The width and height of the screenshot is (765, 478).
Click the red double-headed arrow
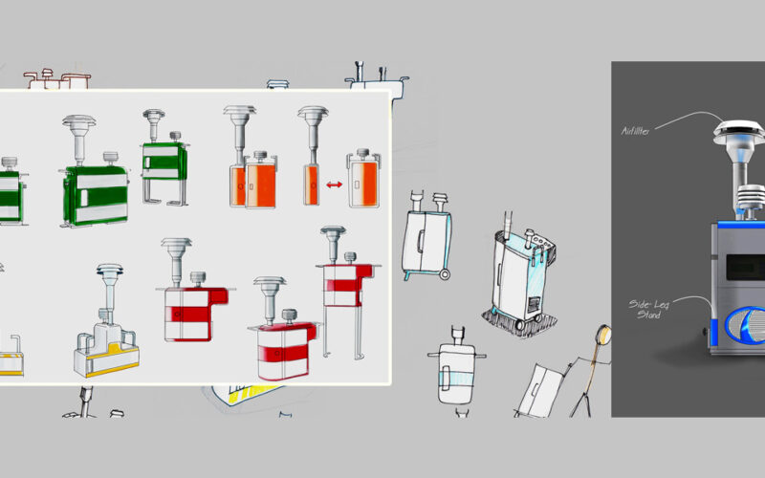(x=334, y=184)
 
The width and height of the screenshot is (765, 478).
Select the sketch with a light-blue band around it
(x=456, y=368)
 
